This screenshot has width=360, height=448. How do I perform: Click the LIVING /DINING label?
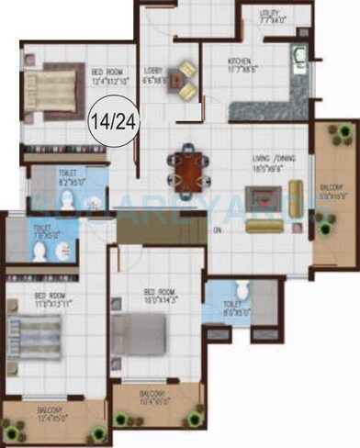[272, 162]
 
